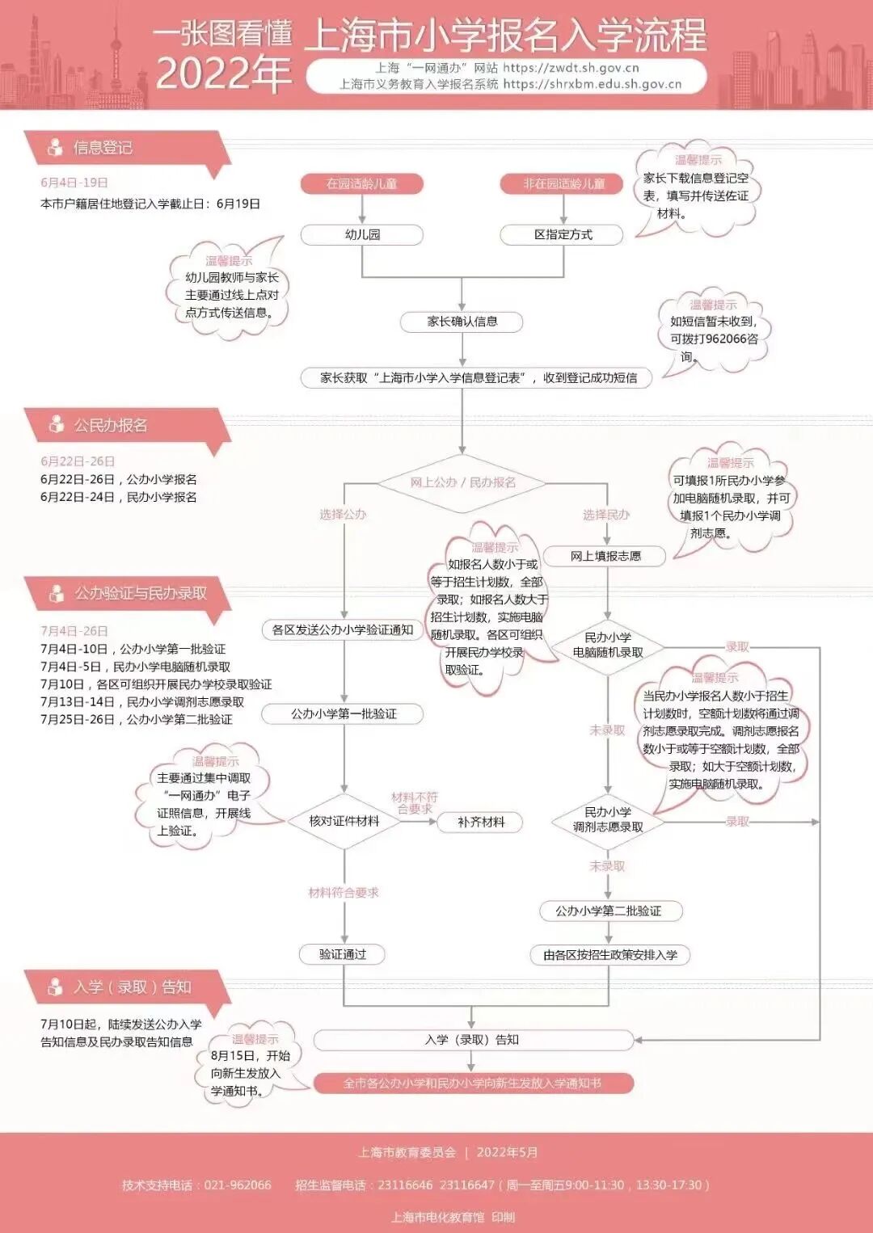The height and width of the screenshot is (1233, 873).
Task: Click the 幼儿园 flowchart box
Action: (x=362, y=235)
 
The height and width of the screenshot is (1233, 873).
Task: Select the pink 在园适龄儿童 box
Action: (x=362, y=184)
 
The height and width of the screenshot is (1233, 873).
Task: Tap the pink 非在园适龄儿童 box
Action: (x=563, y=184)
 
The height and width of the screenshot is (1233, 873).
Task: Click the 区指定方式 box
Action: (x=563, y=235)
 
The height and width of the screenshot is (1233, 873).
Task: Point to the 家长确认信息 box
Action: (x=462, y=322)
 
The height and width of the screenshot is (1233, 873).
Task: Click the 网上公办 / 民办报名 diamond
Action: (x=462, y=482)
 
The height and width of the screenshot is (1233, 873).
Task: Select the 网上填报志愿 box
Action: (x=605, y=556)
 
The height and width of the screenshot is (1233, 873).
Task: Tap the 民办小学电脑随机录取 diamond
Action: (x=608, y=645)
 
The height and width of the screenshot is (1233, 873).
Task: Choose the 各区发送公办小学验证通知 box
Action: (x=343, y=630)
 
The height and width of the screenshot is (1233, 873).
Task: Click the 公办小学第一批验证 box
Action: (x=344, y=714)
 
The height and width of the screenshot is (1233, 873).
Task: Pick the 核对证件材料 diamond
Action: (x=344, y=821)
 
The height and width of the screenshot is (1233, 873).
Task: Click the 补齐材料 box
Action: (x=481, y=822)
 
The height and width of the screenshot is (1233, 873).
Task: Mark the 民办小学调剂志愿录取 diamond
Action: (x=608, y=819)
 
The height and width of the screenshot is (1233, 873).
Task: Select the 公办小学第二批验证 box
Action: (x=609, y=911)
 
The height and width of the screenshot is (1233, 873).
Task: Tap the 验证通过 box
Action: (x=343, y=954)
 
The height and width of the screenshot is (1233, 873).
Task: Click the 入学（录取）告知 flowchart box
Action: (x=473, y=1040)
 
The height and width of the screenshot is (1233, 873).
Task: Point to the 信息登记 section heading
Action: (x=103, y=147)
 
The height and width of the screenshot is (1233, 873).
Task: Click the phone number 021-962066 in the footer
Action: (x=238, y=1185)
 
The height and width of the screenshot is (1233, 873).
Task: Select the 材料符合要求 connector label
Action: (x=344, y=893)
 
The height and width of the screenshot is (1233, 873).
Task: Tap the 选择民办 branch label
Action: (x=606, y=515)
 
